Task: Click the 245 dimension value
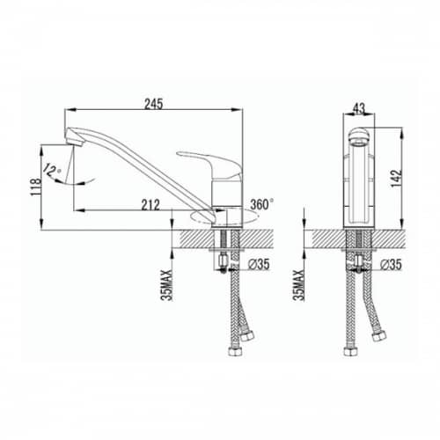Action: tap(153, 104)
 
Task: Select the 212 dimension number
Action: tap(150, 205)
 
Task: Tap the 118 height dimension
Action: tap(36, 187)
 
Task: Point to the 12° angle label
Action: tap(52, 170)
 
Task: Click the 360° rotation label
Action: tap(262, 204)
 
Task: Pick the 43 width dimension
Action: tap(359, 108)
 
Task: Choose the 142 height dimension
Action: tap(396, 179)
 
